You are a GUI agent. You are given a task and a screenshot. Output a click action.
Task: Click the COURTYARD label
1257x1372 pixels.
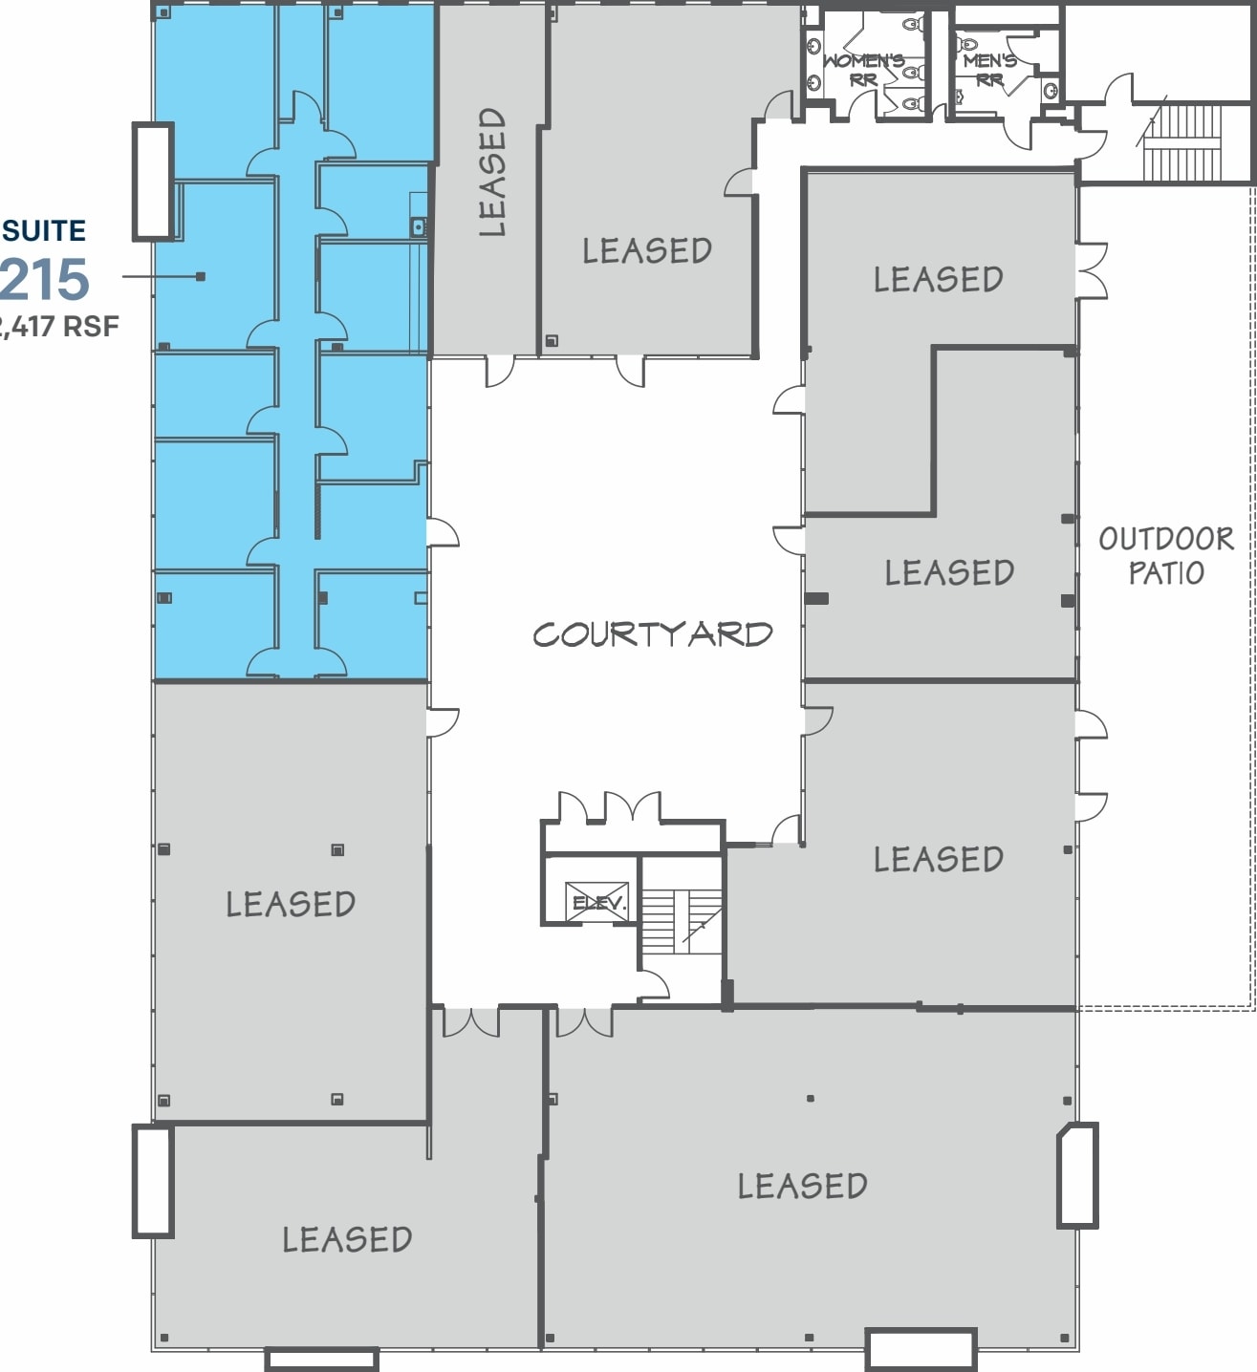[x=652, y=634]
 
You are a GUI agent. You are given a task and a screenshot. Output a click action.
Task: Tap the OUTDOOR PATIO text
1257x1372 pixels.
[x=1165, y=555]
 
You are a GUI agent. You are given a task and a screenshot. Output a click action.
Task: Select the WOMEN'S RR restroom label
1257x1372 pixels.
[x=863, y=70]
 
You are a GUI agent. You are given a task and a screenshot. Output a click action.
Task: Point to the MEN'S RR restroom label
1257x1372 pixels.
[x=989, y=70]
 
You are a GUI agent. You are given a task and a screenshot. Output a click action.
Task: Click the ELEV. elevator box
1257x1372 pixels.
[x=597, y=902]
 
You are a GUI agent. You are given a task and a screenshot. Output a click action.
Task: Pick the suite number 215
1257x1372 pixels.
[x=46, y=280]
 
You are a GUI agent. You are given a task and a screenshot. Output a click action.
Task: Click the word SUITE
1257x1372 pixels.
[x=44, y=231]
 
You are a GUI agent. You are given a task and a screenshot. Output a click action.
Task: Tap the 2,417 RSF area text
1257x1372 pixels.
[x=59, y=327]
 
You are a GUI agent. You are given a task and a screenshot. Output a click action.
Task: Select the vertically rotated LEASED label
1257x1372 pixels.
[x=491, y=172]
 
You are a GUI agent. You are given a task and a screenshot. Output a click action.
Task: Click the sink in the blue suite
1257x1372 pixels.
[x=418, y=227]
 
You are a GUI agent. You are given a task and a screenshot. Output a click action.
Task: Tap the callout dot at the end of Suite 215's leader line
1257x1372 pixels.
[x=201, y=277]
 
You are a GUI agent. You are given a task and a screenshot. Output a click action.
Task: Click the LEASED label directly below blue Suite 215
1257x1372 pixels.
[x=291, y=904]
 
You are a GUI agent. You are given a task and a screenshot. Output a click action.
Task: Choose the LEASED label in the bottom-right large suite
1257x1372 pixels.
[x=802, y=1186]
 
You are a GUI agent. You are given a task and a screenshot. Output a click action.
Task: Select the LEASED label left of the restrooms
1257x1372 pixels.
[x=647, y=250]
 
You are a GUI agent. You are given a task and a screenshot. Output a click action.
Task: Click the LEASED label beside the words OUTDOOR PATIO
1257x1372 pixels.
[x=948, y=572]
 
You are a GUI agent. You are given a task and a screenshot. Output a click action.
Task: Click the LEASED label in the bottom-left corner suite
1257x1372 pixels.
[x=347, y=1239]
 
